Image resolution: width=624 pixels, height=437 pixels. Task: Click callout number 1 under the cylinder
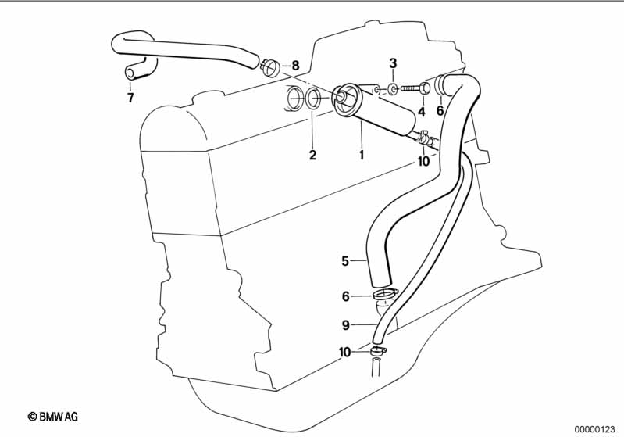click(x=362, y=154)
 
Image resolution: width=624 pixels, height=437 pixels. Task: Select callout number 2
click(x=312, y=155)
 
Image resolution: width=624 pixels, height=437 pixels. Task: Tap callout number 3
click(x=393, y=63)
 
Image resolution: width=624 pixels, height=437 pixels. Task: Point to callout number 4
click(x=422, y=112)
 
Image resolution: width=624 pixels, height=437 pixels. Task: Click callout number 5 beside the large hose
click(x=345, y=261)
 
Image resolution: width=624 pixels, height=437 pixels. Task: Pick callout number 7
click(x=130, y=98)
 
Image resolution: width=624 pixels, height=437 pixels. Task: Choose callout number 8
click(x=295, y=66)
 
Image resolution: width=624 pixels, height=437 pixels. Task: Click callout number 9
click(x=345, y=325)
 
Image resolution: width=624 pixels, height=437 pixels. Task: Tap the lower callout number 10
click(x=344, y=352)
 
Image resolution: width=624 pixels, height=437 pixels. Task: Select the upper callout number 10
click(x=424, y=161)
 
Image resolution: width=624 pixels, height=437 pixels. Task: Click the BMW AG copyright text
click(x=53, y=417)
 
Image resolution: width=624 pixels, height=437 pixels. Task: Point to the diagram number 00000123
click(x=595, y=429)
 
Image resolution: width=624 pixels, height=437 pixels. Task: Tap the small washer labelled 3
click(x=392, y=89)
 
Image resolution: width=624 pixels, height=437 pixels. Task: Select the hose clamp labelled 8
click(x=271, y=68)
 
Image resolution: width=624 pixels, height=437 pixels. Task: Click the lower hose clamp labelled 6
click(x=384, y=295)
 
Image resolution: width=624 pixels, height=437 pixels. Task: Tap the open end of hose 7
click(x=130, y=73)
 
